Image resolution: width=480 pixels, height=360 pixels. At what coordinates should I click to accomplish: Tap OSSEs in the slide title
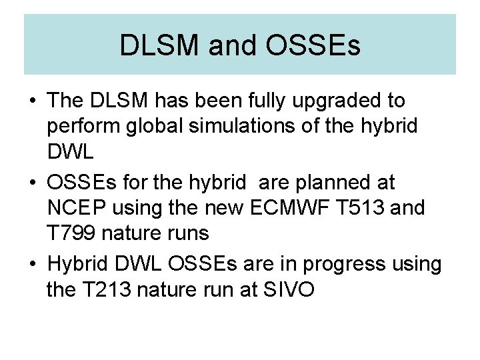tap(313, 46)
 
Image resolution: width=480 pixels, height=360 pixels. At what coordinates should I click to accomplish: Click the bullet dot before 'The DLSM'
tap(32, 102)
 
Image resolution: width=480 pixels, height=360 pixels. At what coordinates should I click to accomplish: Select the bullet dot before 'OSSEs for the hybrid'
tap(32, 183)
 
